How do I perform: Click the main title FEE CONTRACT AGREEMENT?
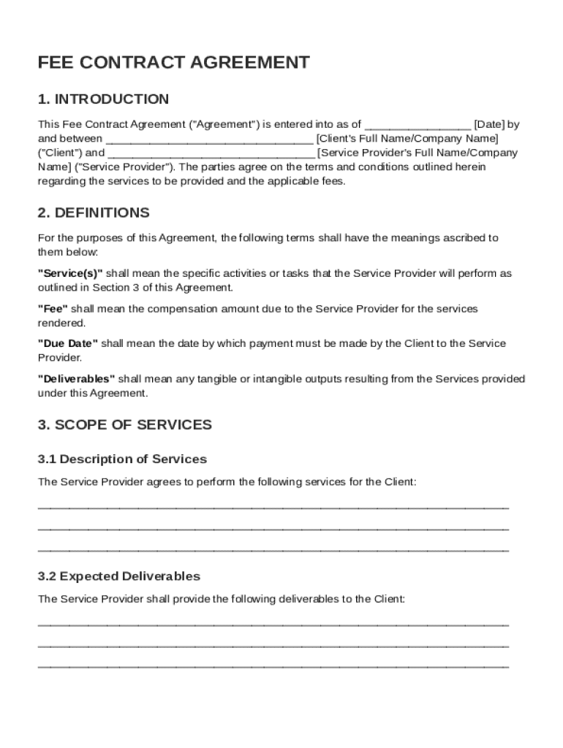click(x=173, y=63)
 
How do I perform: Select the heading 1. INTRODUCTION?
click(x=103, y=99)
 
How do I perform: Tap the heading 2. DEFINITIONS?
click(x=94, y=213)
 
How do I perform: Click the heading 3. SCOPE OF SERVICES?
click(x=125, y=425)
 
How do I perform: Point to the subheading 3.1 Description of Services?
click(x=122, y=459)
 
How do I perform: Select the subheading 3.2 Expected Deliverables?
click(x=118, y=576)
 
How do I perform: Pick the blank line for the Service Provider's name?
click(x=211, y=154)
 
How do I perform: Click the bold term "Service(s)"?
click(x=70, y=273)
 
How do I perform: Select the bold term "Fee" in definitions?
click(x=53, y=309)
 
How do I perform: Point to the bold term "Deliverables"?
click(x=76, y=379)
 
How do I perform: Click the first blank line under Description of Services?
click(x=273, y=506)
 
